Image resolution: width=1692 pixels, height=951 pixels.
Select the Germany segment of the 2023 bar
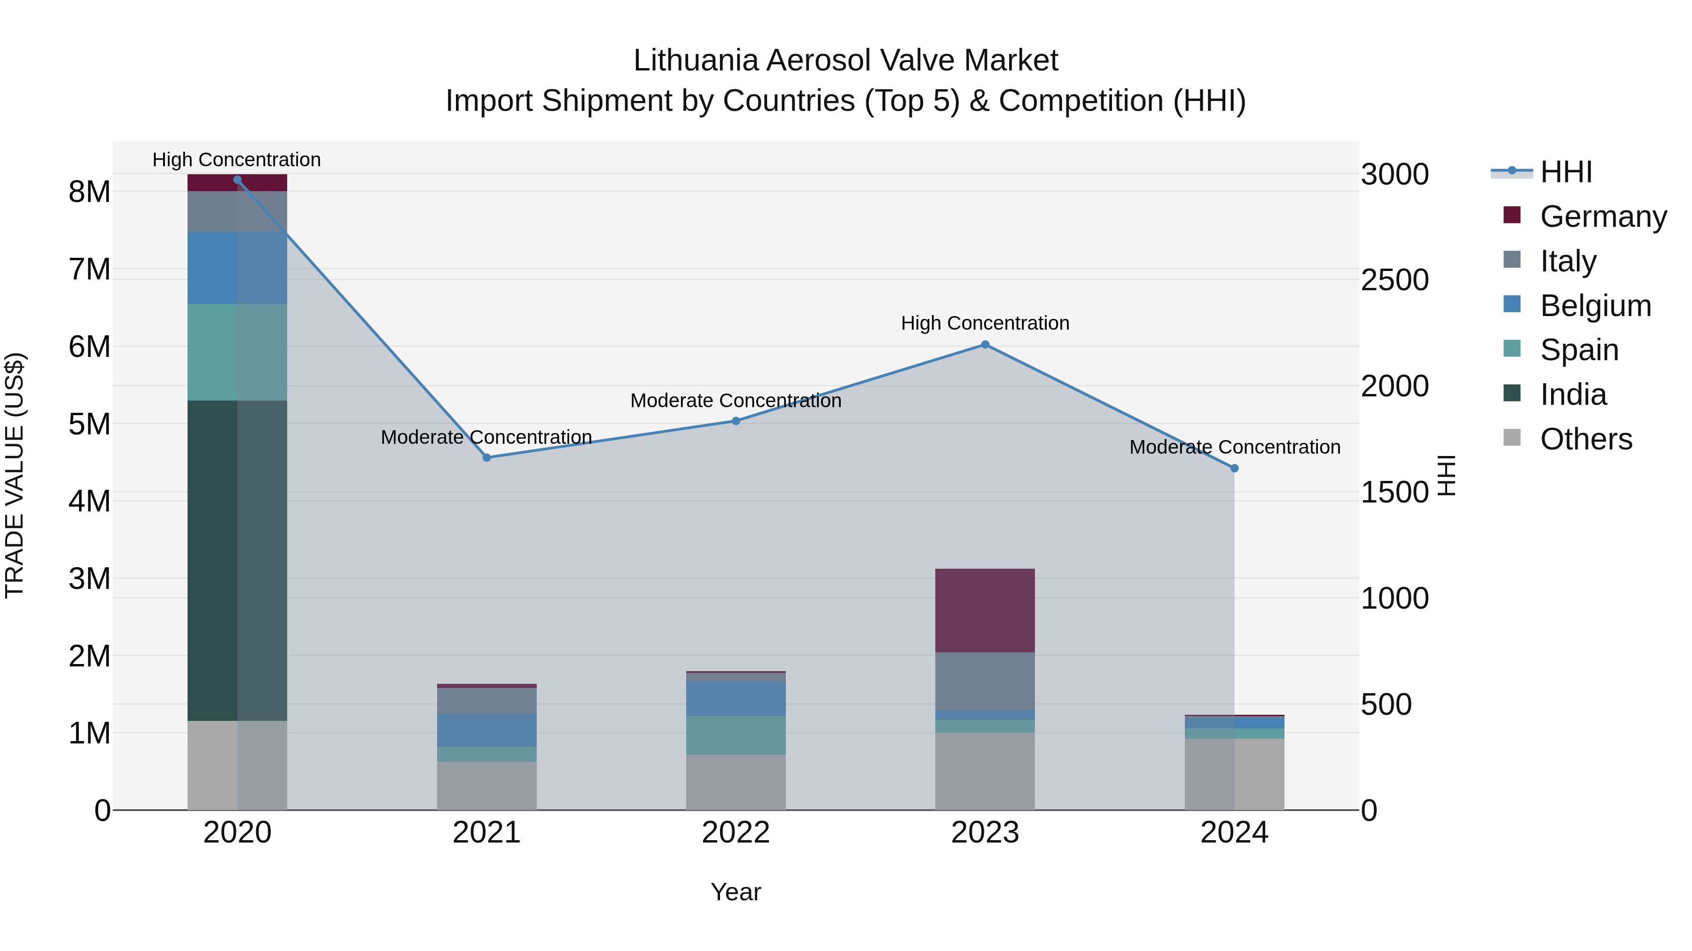985,611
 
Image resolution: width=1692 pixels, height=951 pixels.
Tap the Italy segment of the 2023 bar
985,681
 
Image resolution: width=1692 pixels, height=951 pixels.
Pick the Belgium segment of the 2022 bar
736,698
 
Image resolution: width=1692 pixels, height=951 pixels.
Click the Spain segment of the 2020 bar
237,352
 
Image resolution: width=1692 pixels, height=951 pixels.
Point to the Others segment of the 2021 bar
487,786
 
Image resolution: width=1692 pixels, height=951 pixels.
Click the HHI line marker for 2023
985,345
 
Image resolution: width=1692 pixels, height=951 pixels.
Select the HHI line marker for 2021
487,457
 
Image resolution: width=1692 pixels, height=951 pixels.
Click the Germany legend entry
1603,216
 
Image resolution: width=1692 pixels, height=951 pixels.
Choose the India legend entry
1573,394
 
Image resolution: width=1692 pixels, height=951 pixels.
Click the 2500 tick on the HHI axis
1394,280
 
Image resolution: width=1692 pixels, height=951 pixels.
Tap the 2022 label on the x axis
736,833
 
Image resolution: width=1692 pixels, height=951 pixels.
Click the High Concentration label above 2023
985,323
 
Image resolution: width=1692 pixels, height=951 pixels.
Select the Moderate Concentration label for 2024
1234,447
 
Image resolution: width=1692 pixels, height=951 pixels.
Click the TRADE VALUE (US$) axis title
15,475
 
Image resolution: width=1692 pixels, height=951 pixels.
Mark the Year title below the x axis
736,892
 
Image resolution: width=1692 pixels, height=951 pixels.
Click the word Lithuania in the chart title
696,61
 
